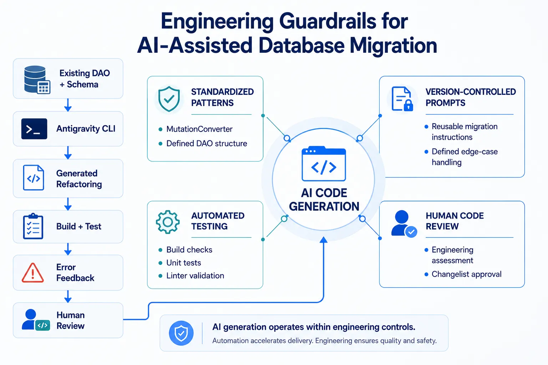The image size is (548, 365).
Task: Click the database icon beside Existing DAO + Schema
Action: pos(37,80)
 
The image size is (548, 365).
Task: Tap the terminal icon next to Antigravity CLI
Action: pos(34,129)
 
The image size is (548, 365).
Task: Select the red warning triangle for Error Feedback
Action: pos(33,273)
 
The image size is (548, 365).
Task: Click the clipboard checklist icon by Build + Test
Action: pos(33,226)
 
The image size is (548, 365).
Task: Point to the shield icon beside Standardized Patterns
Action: pos(169,99)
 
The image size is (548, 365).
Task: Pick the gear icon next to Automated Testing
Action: pos(168,222)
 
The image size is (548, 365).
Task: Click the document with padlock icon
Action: pos(402,99)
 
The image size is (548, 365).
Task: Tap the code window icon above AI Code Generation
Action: pos(324,164)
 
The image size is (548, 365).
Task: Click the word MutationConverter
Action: pos(199,129)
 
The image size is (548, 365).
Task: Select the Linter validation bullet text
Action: pos(195,276)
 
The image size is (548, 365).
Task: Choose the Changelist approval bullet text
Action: pos(467,274)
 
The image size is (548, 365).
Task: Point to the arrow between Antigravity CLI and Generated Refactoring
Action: pos(68,153)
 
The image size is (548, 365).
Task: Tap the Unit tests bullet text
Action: pos(184,263)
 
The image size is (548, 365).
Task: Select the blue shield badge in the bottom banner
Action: pos(181,333)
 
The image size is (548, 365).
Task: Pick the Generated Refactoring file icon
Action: pos(34,178)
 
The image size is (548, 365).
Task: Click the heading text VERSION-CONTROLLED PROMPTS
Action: pos(471,97)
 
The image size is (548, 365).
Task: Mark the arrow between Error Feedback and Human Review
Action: pos(68,297)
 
